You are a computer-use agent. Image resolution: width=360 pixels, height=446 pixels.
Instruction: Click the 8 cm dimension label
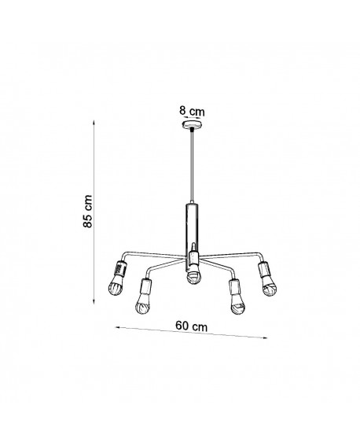point(192,111)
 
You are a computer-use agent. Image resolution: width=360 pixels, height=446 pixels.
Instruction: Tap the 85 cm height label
point(88,211)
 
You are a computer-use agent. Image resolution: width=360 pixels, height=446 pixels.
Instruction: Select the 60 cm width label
point(191,326)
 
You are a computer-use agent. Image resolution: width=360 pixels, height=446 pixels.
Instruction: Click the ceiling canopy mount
point(192,124)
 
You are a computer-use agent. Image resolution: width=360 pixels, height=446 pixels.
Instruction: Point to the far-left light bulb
point(116,286)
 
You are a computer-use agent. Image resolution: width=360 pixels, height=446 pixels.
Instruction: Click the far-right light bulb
point(269,286)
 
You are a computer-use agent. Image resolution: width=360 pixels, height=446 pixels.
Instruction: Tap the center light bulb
point(195,274)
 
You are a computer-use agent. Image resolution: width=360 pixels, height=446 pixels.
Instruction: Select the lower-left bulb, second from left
point(142,304)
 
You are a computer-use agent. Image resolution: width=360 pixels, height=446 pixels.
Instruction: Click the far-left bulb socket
point(120,268)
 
